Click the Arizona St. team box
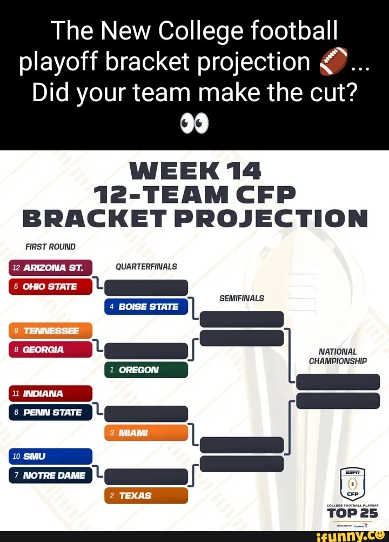point(50,268)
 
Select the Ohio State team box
point(50,286)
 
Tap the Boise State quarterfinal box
point(146,307)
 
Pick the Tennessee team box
point(50,331)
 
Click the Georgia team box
point(50,349)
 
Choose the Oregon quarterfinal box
point(146,370)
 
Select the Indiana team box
point(50,394)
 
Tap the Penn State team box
point(50,412)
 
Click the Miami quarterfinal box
point(146,433)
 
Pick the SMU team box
point(50,457)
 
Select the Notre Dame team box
point(50,475)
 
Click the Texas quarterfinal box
point(146,495)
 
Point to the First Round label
point(50,247)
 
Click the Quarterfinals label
point(146,267)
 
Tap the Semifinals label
point(242,298)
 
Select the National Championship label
point(338,356)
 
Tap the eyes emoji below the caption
point(194,124)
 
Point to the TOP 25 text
point(352,513)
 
